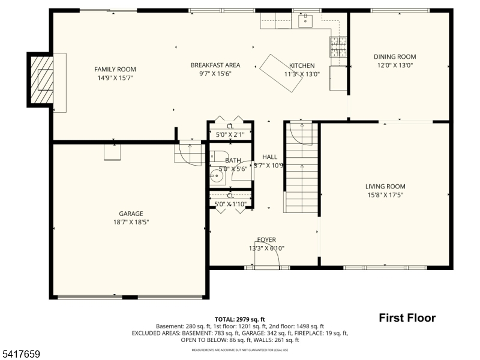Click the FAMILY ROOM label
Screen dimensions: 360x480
pos(115,69)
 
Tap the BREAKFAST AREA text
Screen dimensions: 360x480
pos(215,65)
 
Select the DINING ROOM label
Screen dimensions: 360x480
pos(395,57)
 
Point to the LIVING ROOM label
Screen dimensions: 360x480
pos(385,187)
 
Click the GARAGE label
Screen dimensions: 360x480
pos(131,214)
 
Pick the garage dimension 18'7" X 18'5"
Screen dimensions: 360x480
pos(131,222)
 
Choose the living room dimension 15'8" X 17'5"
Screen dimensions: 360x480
pos(385,195)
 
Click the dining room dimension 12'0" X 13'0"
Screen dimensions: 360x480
pos(395,65)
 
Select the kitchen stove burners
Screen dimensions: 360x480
pos(338,45)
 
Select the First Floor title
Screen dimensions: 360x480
pos(407,318)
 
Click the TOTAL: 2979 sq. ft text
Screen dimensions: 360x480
pos(239,319)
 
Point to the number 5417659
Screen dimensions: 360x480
pos(21,355)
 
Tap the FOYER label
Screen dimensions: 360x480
pos(266,240)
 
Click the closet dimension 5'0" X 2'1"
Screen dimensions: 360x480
pos(230,136)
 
